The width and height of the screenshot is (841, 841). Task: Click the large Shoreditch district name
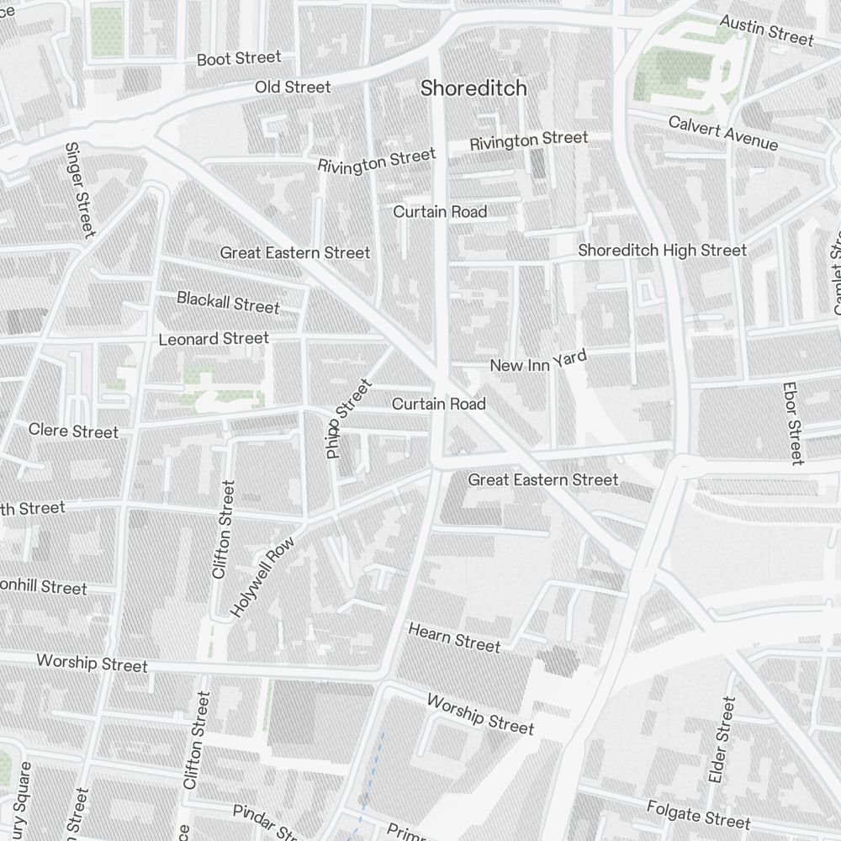(473, 88)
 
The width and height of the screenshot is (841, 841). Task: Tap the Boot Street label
(239, 59)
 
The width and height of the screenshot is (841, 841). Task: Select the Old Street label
(293, 87)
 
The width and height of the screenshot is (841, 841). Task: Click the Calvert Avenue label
(722, 133)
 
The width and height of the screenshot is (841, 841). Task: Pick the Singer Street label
(78, 188)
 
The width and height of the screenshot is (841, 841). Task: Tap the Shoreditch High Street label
(662, 251)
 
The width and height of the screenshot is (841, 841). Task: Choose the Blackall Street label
(227, 302)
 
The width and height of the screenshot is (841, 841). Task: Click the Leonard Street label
(214, 339)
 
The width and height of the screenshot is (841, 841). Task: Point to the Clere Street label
(73, 431)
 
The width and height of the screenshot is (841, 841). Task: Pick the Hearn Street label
(454, 637)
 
